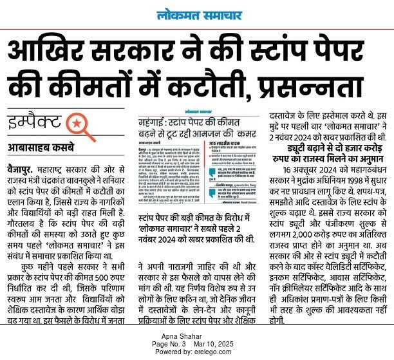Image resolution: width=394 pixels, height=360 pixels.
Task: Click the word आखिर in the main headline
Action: coord(56,50)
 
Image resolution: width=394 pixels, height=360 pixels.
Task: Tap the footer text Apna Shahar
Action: coord(196,337)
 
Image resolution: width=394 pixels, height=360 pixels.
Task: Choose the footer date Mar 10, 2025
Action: coord(223,345)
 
